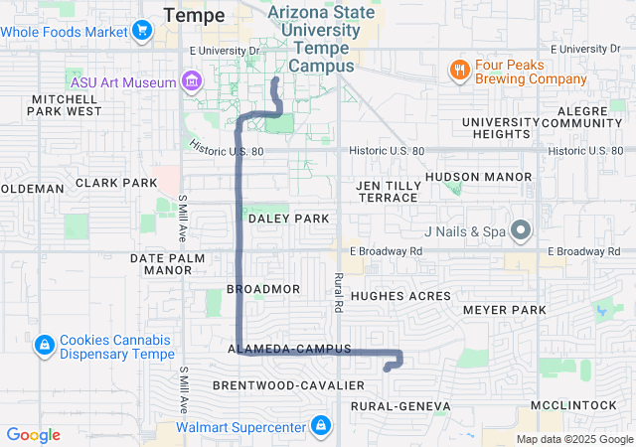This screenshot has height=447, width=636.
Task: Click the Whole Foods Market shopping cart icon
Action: click(142, 31)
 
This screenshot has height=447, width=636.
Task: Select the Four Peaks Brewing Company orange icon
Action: click(458, 70)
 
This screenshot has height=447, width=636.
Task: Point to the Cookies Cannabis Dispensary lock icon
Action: click(44, 346)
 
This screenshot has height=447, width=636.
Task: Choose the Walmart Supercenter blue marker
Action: click(320, 428)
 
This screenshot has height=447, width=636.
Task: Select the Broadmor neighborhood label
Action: click(263, 288)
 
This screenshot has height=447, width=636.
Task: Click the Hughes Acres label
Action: click(400, 296)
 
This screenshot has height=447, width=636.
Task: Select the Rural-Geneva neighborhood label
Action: click(400, 406)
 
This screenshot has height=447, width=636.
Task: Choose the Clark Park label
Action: click(116, 183)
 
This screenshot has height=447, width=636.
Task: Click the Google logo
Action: click(33, 435)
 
